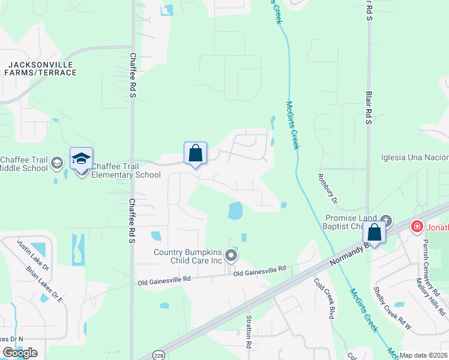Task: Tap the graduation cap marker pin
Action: tap(82, 159)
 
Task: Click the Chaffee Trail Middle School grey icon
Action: tap(57, 163)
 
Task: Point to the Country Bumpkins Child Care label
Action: tap(188, 257)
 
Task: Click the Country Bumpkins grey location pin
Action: tap(232, 257)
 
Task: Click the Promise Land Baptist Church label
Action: tap(351, 222)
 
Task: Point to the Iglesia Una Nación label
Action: tap(415, 158)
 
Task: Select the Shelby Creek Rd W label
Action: tap(393, 307)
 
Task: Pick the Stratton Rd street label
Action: tap(248, 332)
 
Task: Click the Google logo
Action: tap(20, 352)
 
